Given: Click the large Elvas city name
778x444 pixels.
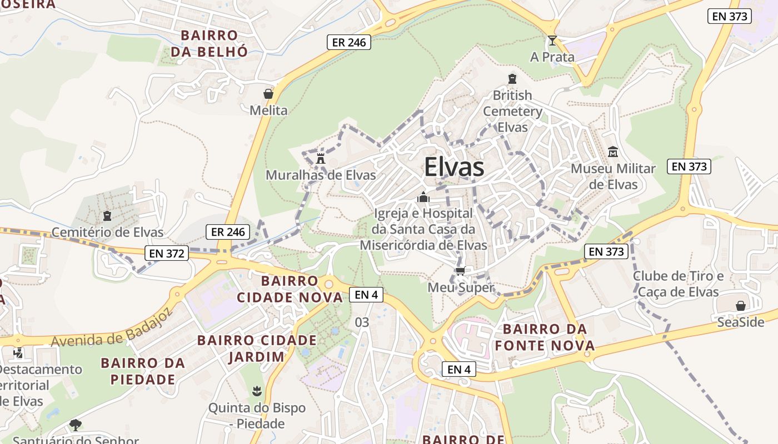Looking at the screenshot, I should (x=454, y=167).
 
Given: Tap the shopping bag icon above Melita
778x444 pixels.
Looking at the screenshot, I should (x=268, y=94).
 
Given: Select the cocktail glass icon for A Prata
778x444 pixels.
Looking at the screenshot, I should (x=552, y=41).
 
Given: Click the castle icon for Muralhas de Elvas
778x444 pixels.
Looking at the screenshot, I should (x=321, y=158).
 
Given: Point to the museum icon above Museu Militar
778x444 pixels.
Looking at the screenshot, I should (x=613, y=152).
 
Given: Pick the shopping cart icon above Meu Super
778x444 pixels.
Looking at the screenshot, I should (x=460, y=271).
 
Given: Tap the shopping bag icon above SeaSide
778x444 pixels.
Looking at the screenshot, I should (x=740, y=306).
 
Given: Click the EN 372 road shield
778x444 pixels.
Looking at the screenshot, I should (x=167, y=254).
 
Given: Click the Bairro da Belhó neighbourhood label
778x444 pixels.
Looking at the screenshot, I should (x=209, y=43).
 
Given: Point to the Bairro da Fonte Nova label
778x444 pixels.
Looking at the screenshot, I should (x=545, y=337).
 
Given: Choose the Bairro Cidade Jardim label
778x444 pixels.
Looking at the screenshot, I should (x=257, y=348).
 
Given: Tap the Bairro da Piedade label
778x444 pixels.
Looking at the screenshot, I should (x=143, y=371).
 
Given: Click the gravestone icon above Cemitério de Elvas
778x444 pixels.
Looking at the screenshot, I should (x=107, y=215).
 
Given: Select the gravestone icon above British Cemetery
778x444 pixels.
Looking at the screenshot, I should (x=512, y=79).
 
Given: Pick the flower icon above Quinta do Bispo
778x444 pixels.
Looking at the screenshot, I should (x=256, y=391).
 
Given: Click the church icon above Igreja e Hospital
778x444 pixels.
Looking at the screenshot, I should (x=423, y=197).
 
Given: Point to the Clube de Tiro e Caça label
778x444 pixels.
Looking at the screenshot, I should (x=678, y=284).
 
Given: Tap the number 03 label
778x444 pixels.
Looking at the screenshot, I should (x=362, y=322).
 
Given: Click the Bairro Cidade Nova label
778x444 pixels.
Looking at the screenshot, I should (x=290, y=289).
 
